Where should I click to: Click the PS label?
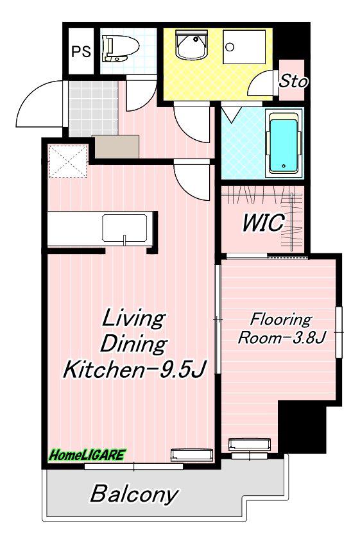click(81, 52)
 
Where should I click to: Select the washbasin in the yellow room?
click(191, 45)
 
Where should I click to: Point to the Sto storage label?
click(293, 81)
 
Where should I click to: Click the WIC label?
click(263, 223)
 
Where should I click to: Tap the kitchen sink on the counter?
click(124, 228)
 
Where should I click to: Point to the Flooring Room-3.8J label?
click(281, 328)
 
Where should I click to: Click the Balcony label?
click(134, 494)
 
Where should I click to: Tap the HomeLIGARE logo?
click(87, 455)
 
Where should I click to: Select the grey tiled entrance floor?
click(92, 108)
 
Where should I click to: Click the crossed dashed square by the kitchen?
click(67, 161)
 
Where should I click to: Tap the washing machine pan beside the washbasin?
click(244, 47)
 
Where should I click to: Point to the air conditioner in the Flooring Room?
click(249, 445)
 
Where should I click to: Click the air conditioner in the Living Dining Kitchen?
click(192, 455)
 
